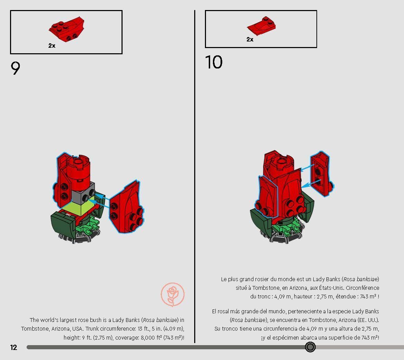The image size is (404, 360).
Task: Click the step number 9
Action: [16, 68]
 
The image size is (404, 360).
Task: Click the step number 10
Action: [214, 63]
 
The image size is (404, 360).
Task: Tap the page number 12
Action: [14, 347]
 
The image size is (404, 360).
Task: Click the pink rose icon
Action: [172, 295]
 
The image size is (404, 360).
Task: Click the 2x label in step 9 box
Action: [52, 46]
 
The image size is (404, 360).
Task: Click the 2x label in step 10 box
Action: [250, 39]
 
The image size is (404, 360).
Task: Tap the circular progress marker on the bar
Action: [310, 347]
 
